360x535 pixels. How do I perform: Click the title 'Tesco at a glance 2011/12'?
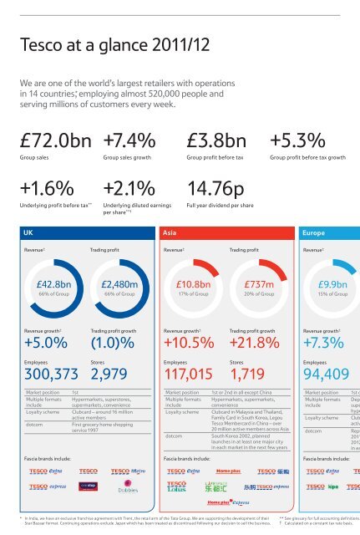pos(97,43)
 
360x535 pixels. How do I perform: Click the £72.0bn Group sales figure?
pos(58,136)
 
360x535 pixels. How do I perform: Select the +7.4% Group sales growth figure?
pos(129,136)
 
